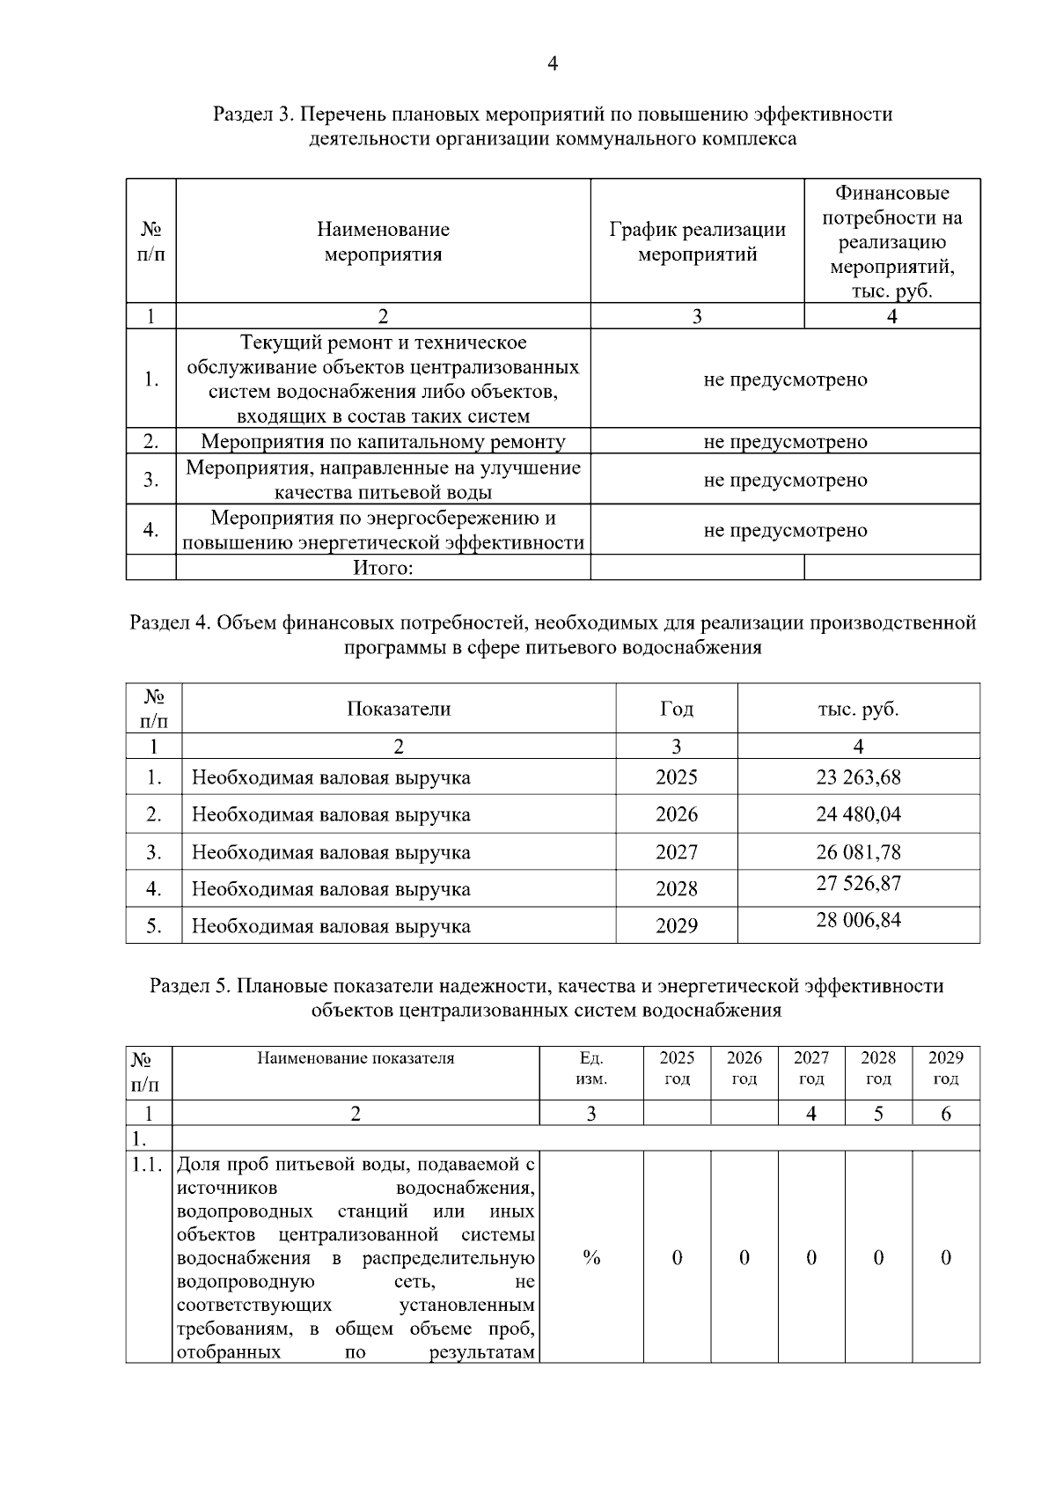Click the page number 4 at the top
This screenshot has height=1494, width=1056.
552,63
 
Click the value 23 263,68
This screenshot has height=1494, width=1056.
858,777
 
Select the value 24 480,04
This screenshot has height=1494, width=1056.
858,814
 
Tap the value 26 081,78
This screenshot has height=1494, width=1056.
858,852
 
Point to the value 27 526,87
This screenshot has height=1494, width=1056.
858,883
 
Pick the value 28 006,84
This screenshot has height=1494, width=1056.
858,920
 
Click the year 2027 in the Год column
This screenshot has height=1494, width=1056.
676,852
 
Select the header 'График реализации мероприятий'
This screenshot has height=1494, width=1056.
697,242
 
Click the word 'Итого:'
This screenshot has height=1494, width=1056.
383,568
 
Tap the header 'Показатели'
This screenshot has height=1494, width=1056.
399,709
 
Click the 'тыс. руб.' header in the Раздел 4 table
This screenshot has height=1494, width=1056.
858,709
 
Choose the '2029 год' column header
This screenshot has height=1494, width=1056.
946,1068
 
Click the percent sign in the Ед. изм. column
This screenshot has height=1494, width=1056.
591,1257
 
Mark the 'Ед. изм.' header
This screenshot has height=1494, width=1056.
591,1068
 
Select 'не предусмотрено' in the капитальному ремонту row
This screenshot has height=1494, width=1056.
785,442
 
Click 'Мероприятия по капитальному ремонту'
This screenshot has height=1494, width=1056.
383,442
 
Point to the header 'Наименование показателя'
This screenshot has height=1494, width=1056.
356,1058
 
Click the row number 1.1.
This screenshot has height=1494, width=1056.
148,1166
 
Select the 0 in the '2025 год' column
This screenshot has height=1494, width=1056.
677,1257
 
